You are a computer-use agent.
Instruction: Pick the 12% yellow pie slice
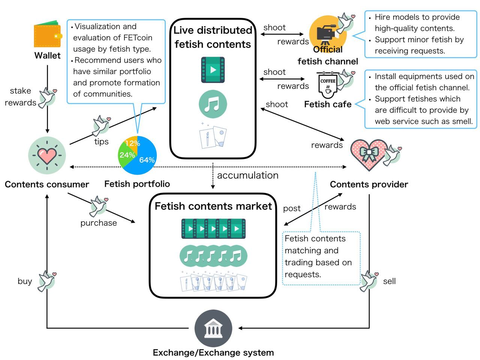point(132,142)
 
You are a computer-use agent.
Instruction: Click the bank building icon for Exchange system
point(213,328)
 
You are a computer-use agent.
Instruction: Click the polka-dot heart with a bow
point(368,154)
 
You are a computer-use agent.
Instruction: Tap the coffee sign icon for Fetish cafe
point(328,85)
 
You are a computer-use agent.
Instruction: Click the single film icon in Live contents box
point(213,70)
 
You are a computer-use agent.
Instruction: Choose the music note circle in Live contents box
point(213,104)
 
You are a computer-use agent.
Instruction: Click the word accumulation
point(247,175)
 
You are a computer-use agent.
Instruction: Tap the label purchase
point(99,223)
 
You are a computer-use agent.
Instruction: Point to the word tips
point(101,142)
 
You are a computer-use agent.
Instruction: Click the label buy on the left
point(25,282)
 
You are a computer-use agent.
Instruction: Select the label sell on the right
point(389,282)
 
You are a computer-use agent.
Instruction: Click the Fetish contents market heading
point(213,206)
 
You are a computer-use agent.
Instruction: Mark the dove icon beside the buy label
point(46,281)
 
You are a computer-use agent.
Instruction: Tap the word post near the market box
point(292,208)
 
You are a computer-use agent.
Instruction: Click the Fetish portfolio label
point(137,184)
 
